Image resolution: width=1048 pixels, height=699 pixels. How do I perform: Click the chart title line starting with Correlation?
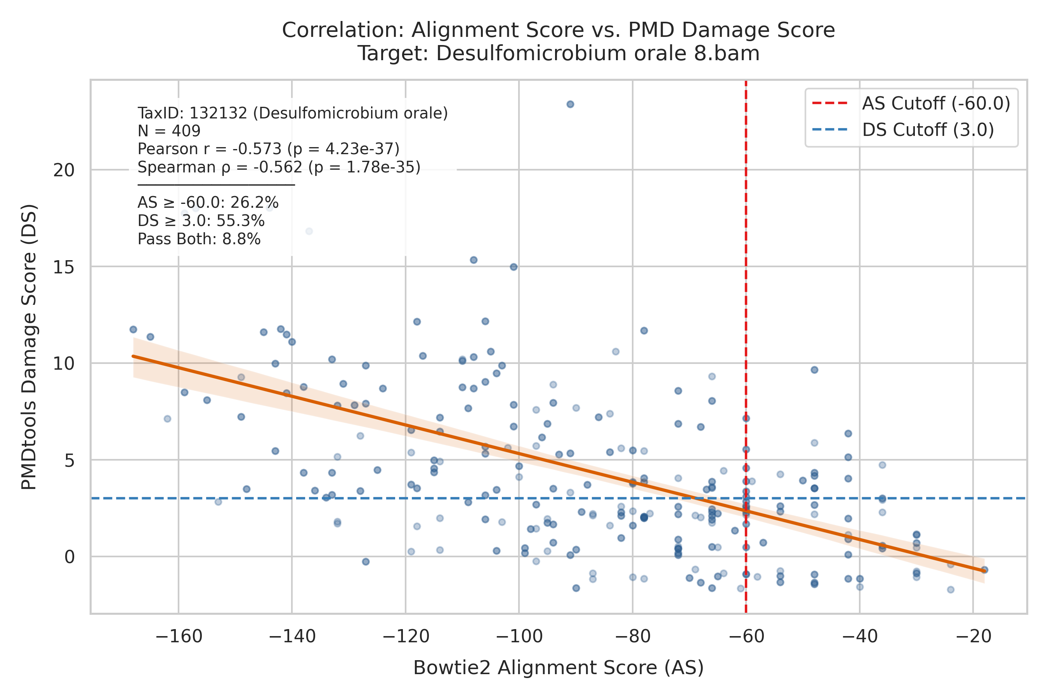click(558, 30)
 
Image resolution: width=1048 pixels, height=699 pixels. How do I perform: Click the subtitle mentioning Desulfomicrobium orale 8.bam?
click(558, 54)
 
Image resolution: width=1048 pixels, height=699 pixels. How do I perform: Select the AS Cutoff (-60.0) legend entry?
click(911, 103)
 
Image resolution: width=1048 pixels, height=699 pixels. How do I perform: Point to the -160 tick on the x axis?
click(179, 636)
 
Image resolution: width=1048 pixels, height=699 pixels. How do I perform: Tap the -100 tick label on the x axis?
click(519, 636)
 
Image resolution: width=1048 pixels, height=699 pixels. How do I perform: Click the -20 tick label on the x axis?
click(973, 636)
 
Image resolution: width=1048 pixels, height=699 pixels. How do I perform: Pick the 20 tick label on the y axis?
click(64, 170)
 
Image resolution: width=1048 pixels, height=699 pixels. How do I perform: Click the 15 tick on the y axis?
click(64, 266)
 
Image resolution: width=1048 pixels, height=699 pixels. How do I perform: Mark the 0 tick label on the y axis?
click(69, 557)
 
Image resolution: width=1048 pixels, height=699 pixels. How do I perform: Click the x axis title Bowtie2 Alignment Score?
click(558, 668)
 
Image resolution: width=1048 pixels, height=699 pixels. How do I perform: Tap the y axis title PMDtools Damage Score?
click(29, 347)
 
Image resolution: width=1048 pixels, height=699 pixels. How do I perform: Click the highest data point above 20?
click(570, 104)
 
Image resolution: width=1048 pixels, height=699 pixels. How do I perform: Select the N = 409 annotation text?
click(169, 131)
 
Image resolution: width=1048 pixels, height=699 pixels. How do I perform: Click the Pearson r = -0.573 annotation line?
click(268, 149)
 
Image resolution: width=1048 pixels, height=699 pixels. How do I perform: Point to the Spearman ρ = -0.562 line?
click(279, 167)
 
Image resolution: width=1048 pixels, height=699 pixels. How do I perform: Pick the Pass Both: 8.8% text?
click(199, 239)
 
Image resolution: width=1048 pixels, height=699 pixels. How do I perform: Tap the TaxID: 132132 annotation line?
click(292, 113)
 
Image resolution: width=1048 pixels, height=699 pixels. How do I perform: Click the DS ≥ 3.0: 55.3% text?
click(201, 221)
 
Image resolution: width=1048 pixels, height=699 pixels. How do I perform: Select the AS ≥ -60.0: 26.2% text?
click(208, 203)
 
